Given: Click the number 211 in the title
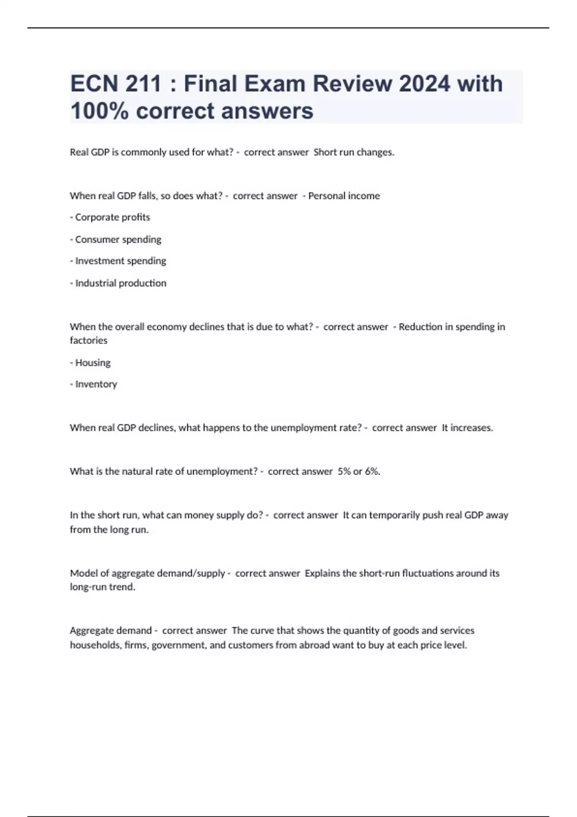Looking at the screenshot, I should pyautogui.click(x=143, y=84).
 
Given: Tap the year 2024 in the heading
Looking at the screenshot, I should pyautogui.click(x=425, y=84).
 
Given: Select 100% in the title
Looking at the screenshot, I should pyautogui.click(x=99, y=111).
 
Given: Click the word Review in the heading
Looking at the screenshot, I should pyautogui.click(x=352, y=84).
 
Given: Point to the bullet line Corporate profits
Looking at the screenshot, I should pyautogui.click(x=110, y=217).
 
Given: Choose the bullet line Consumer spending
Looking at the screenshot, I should pyautogui.click(x=116, y=239).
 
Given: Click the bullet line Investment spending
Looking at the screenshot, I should pyautogui.click(x=118, y=261).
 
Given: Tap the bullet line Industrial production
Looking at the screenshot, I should pyautogui.click(x=118, y=283).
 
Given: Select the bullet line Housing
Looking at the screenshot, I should pyautogui.click(x=90, y=362).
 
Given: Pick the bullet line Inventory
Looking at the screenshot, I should pyautogui.click(x=94, y=384).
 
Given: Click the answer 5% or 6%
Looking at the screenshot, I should pyautogui.click(x=359, y=471).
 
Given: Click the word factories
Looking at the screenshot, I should pyautogui.click(x=88, y=340).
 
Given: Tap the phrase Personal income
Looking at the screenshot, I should pyautogui.click(x=344, y=196).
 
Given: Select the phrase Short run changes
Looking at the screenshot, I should pyautogui.click(x=353, y=152).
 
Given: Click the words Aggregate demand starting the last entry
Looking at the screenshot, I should pyautogui.click(x=111, y=631).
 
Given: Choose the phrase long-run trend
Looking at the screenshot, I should pyautogui.click(x=102, y=587).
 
